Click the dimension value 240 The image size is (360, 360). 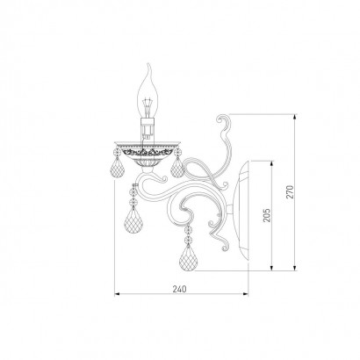(x=179, y=289)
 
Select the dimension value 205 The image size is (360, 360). (x=267, y=215)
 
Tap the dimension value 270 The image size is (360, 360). (x=290, y=192)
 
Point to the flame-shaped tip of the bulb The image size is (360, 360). (x=149, y=69)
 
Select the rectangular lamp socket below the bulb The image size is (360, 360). (x=148, y=128)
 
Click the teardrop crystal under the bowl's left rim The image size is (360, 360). (x=117, y=169)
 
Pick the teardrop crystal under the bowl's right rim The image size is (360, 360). (x=177, y=168)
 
